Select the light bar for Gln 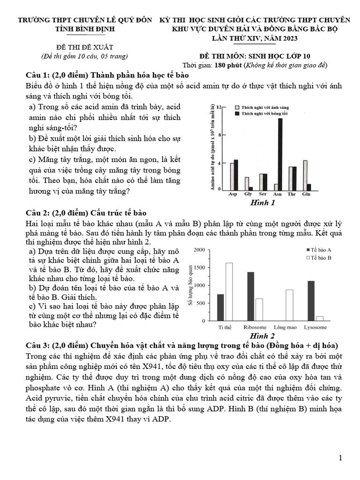[x=305, y=175]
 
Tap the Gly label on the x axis [x=247, y=194]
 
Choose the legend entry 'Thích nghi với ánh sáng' [x=264, y=107]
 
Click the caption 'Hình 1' [x=263, y=203]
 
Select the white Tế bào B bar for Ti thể [x=229, y=292]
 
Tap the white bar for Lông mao [x=289, y=305]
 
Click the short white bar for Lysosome [x=320, y=318]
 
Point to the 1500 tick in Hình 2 [x=198, y=268]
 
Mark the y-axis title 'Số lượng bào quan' [x=190, y=286]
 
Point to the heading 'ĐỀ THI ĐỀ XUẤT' [x=85, y=47]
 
